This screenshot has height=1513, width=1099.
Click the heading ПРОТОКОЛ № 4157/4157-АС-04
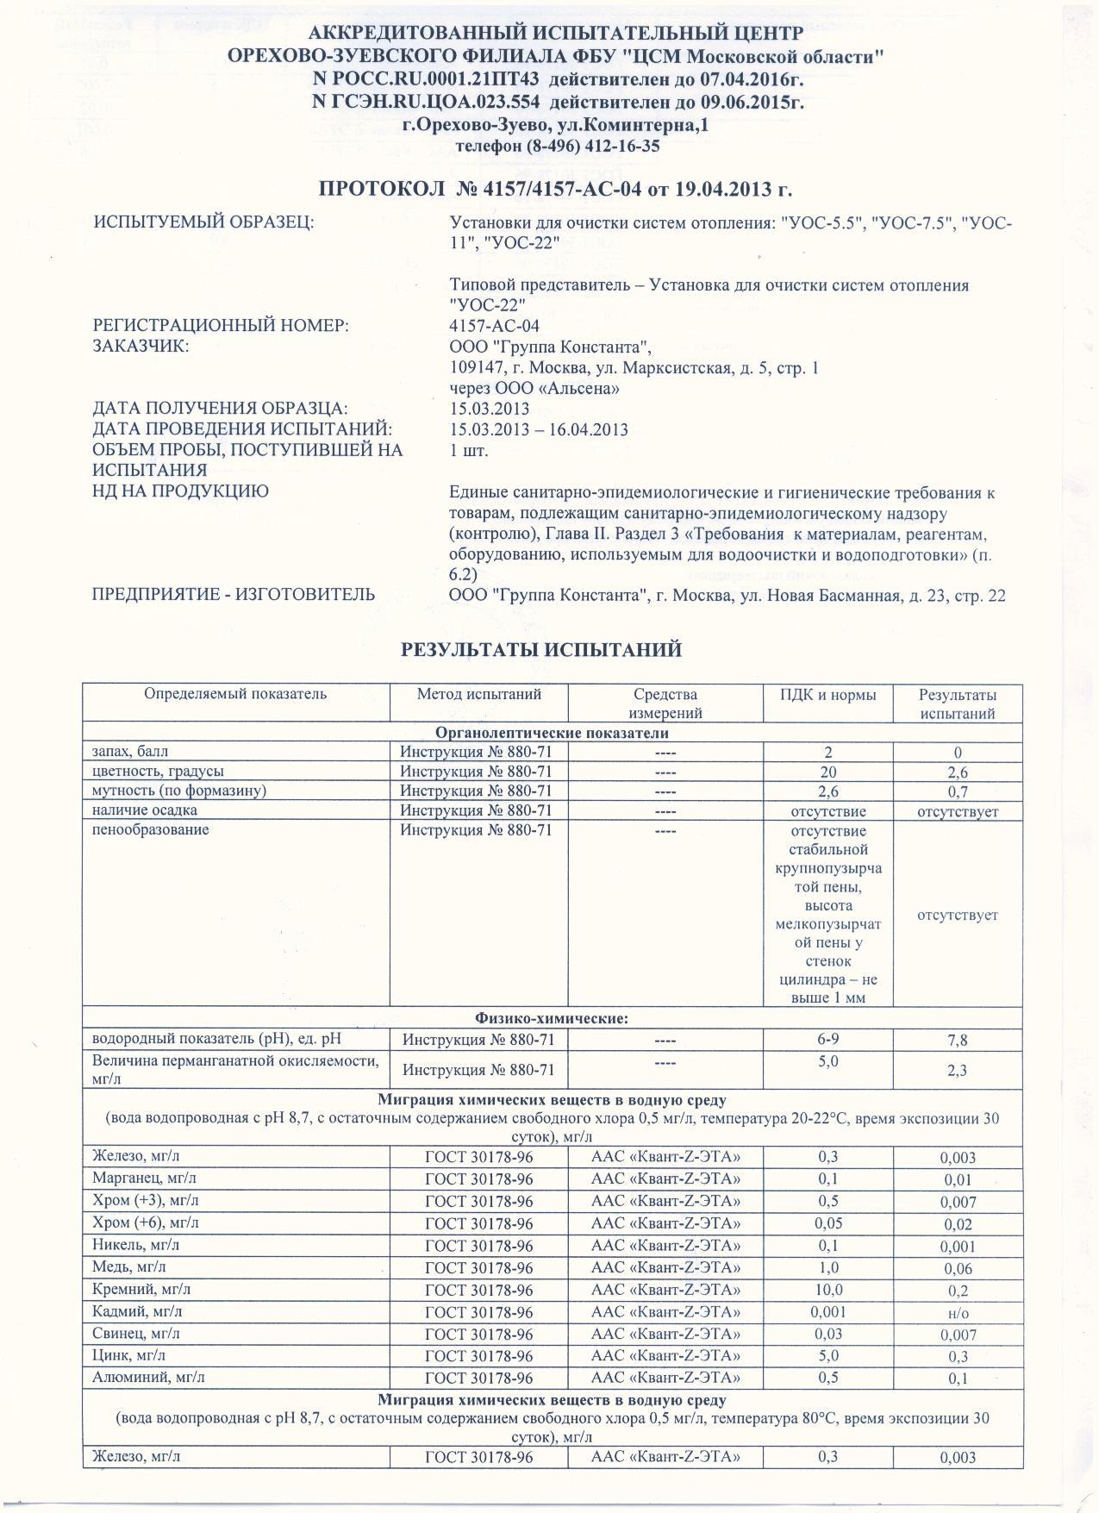point(555,189)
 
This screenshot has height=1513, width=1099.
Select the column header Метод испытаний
point(478,694)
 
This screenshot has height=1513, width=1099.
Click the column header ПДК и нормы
point(827,694)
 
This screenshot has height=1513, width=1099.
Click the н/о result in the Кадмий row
point(957,1313)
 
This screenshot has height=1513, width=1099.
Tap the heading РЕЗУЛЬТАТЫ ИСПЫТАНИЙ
point(541,650)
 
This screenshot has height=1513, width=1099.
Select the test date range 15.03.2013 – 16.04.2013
point(539,429)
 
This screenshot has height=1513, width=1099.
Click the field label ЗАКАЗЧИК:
point(140,347)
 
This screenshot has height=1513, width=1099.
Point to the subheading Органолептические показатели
point(552,733)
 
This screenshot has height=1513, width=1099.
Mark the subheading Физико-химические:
point(552,1018)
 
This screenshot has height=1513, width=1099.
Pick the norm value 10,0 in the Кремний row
point(827,1290)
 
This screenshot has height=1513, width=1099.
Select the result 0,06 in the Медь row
point(957,1269)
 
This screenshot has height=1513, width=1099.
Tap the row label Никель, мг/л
point(136,1245)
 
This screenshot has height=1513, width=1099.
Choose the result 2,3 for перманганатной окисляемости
point(957,1071)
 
